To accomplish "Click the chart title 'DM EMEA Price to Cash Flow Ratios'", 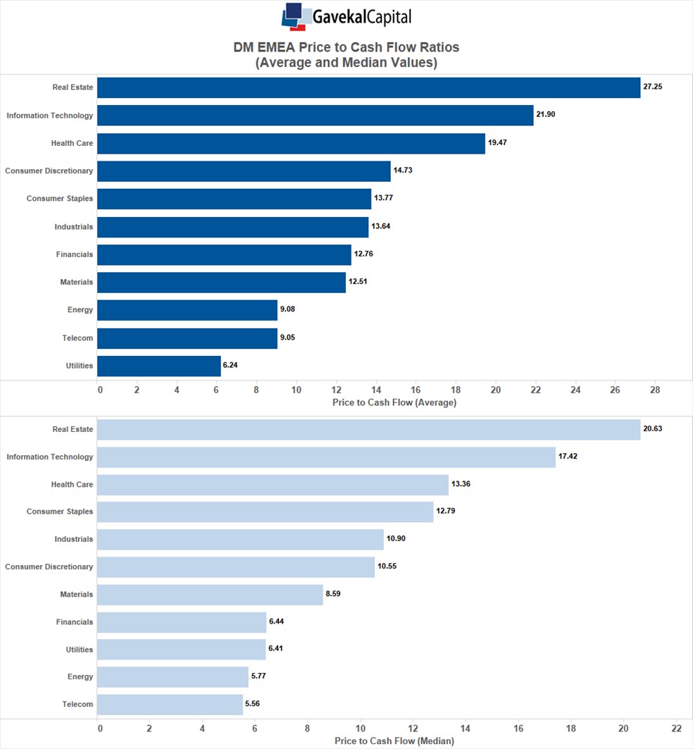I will pos(346,47).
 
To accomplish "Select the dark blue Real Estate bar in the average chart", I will pos(368,87).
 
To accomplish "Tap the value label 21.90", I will pos(545,114).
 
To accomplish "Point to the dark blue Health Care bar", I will pos(291,143).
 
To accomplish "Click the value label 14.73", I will pos(403,170).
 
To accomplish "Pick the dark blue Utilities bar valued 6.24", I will pos(158,366).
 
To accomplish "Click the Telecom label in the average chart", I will pos(77,338).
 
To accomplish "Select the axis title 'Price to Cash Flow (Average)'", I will pos(394,402).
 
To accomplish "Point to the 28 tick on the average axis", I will pos(655,390).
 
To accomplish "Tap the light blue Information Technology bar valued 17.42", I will pos(326,457).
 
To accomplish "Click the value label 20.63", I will pos(653,428).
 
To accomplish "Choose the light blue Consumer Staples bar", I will pos(265,512).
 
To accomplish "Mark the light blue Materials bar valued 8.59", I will pos(210,595).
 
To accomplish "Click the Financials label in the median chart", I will pos(75,622).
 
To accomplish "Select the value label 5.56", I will pos(256,704).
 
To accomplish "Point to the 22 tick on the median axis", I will pos(677,728).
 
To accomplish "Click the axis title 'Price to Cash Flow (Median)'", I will pos(394,741).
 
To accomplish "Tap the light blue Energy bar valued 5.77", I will pos(173,677).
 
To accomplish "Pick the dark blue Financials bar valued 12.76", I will pos(224,254).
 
